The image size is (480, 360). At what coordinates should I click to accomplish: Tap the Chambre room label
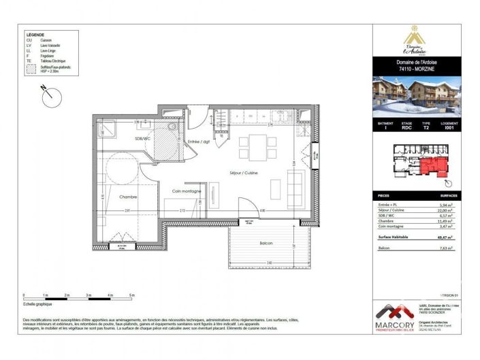pyautogui.click(x=129, y=197)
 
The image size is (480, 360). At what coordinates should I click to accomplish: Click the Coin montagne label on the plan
pyautogui.click(x=186, y=191)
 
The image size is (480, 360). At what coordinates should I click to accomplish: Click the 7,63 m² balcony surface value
pyautogui.click(x=445, y=249)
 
